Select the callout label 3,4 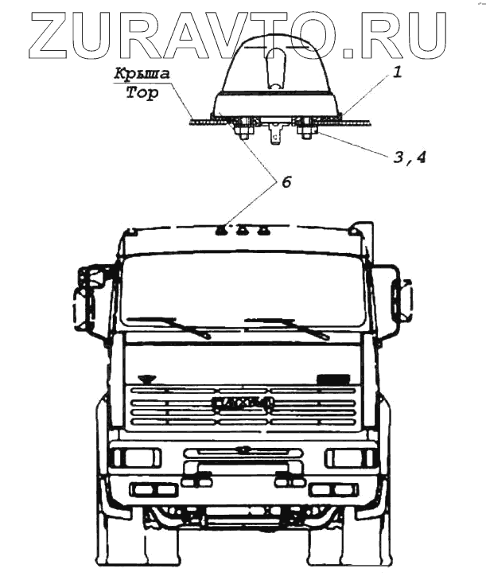408,157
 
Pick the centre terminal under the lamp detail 278,134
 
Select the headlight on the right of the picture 351,458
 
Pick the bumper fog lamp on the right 333,489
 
